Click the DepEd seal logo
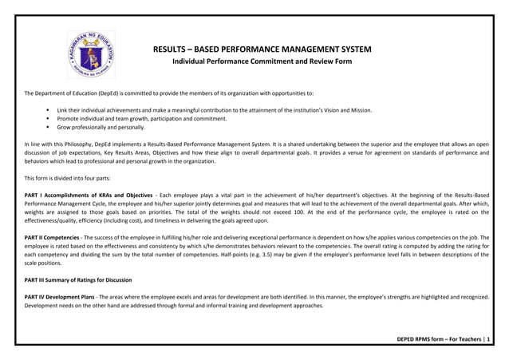click(91, 54)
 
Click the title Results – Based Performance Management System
click(262, 49)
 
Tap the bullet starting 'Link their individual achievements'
click(214, 109)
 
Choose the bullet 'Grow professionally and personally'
click(101, 127)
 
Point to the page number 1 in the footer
click(489, 340)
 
